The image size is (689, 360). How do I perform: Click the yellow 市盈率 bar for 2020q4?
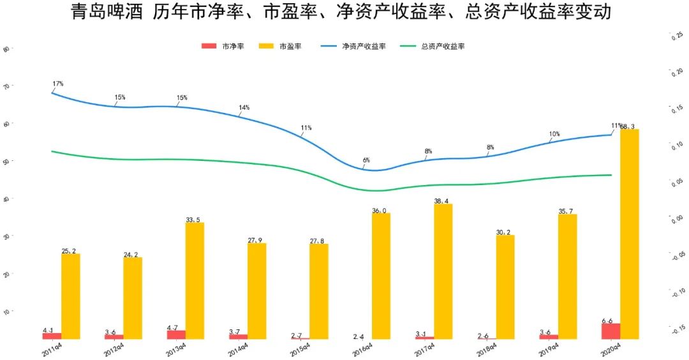pos(629,234)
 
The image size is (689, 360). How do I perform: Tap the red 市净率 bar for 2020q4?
pos(611,331)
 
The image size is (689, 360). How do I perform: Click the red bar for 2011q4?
pos(52,336)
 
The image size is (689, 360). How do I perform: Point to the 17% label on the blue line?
pos(58,84)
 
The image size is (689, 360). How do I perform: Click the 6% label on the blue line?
pos(366,160)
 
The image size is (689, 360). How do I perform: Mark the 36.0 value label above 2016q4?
pos(380,210)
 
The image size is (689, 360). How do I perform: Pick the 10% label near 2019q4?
pos(554,134)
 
